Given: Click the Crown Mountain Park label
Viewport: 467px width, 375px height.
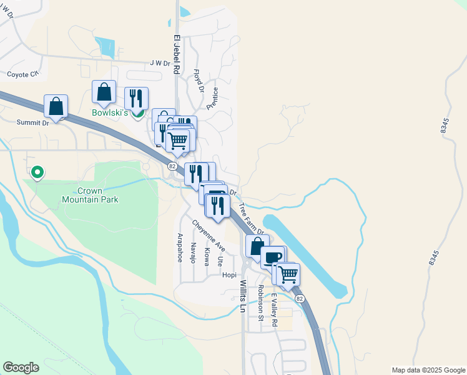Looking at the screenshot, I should tap(90, 195).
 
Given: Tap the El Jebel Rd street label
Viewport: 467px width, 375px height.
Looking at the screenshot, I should tap(177, 55).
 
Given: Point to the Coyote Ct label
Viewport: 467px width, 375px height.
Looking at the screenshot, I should tap(22, 74).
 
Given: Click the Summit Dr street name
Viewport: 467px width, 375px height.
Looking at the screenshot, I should tap(32, 123).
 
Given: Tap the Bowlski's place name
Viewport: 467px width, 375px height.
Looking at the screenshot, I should tap(109, 113).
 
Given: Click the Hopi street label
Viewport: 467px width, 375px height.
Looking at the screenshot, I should tap(230, 274).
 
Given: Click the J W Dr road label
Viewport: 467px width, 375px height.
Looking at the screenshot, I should tap(160, 63).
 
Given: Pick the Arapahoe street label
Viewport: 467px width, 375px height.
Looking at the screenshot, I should tap(180, 247).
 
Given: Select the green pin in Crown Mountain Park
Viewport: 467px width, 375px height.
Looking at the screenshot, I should tap(37, 171).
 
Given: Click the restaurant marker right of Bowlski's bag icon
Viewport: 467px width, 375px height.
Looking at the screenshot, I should tap(136, 98).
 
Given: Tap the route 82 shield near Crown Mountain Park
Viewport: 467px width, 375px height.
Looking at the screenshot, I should tap(171, 166).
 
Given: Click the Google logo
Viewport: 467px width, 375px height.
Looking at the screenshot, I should tap(21, 367).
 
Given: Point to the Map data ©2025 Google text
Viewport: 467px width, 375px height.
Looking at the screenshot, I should tap(428, 369).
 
